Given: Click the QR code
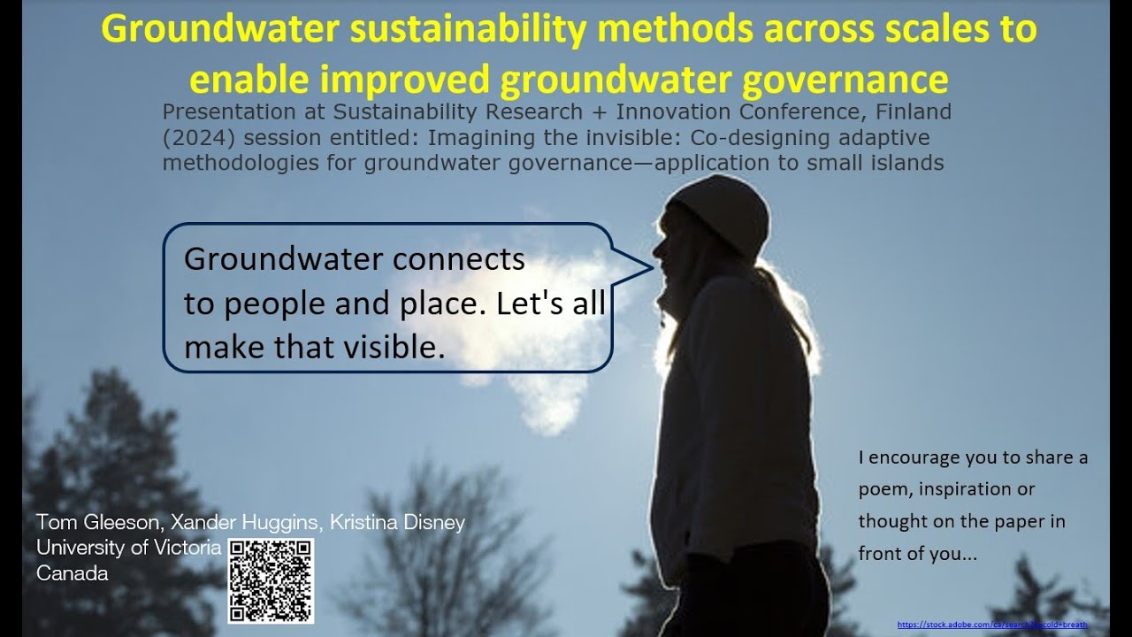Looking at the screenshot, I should pyautogui.click(x=271, y=580).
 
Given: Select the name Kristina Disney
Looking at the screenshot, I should pyautogui.click(x=397, y=522).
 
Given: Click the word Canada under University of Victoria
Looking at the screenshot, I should pyautogui.click(x=73, y=573).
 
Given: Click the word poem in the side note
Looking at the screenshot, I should pyautogui.click(x=884, y=489).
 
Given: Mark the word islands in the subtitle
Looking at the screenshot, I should pyautogui.click(x=908, y=163).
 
